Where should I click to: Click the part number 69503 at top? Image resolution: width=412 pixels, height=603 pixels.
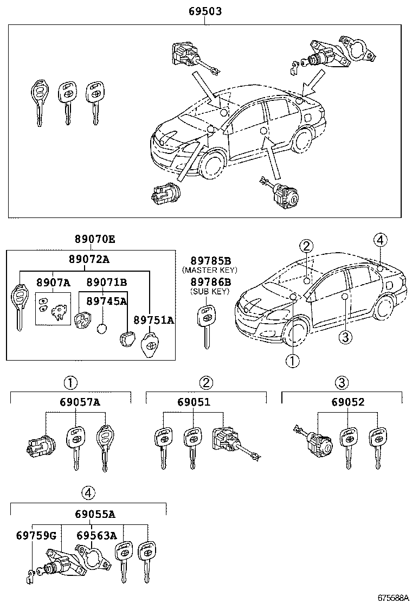tap(204, 11)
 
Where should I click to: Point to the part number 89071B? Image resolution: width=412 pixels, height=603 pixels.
tap(107, 282)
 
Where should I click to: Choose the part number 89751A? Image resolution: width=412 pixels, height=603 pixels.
tap(153, 320)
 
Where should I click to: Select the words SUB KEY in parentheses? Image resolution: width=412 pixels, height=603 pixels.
tap(210, 291)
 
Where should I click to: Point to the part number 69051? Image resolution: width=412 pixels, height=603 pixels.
tap(194, 402)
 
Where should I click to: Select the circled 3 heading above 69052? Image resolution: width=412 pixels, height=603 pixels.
tap(341, 383)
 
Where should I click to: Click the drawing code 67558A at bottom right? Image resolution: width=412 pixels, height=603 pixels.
tap(392, 597)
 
